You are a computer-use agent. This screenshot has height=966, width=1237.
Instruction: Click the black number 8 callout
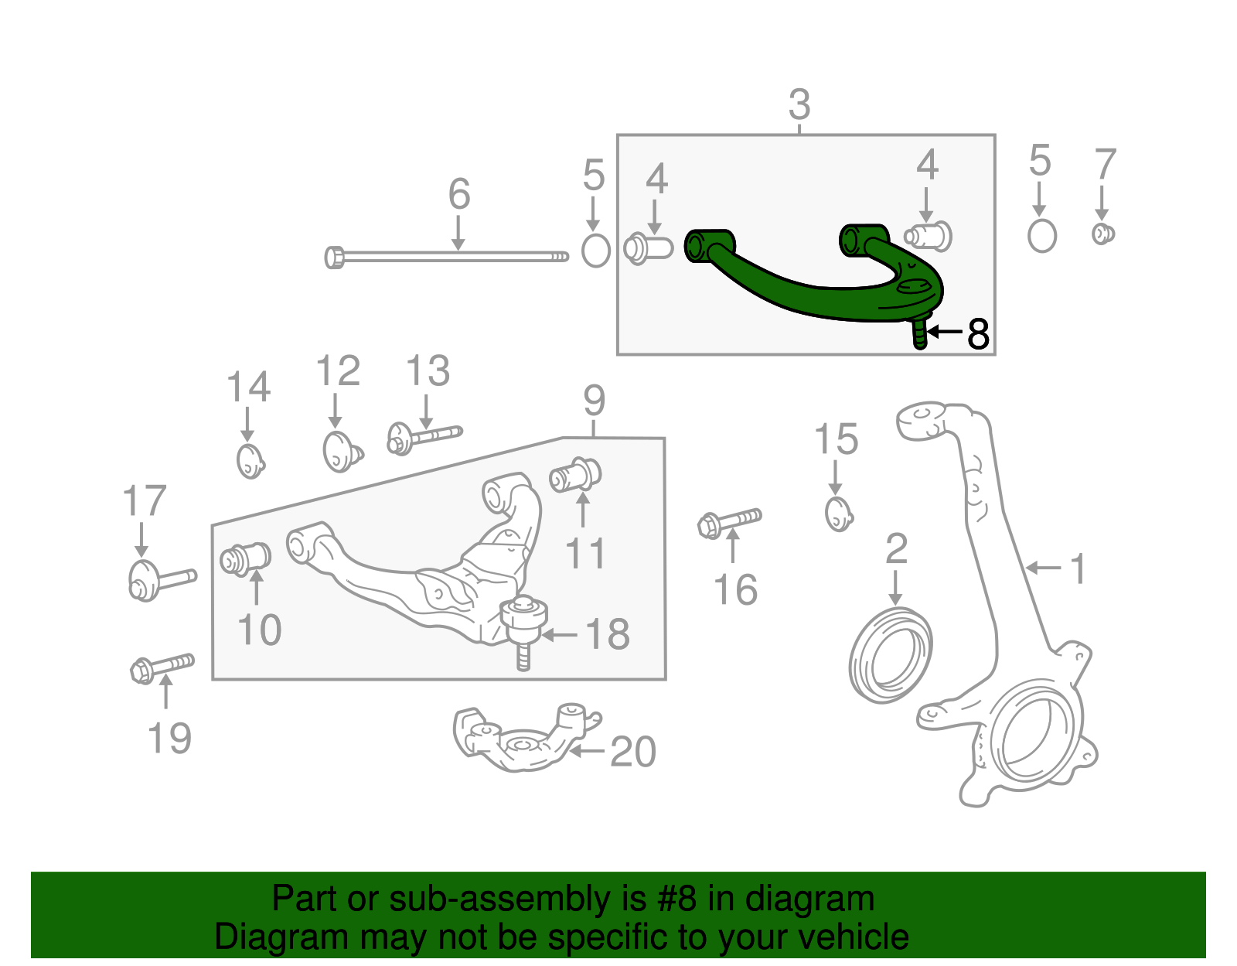(x=978, y=334)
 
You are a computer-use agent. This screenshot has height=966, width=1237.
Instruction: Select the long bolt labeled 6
(x=448, y=256)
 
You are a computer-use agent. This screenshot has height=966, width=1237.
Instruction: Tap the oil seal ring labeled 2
(x=890, y=655)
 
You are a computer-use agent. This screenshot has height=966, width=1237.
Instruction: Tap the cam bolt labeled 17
(x=160, y=579)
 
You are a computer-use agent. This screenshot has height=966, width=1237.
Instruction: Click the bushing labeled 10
(x=245, y=558)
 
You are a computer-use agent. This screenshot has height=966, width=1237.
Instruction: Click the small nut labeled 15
(x=839, y=514)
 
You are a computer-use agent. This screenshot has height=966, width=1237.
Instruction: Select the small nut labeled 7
(x=1103, y=234)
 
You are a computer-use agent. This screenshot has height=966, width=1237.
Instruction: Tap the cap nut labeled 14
(x=250, y=461)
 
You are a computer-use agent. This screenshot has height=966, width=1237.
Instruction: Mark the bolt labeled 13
(x=424, y=438)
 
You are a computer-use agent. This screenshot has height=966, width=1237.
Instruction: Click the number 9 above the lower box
(x=594, y=400)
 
